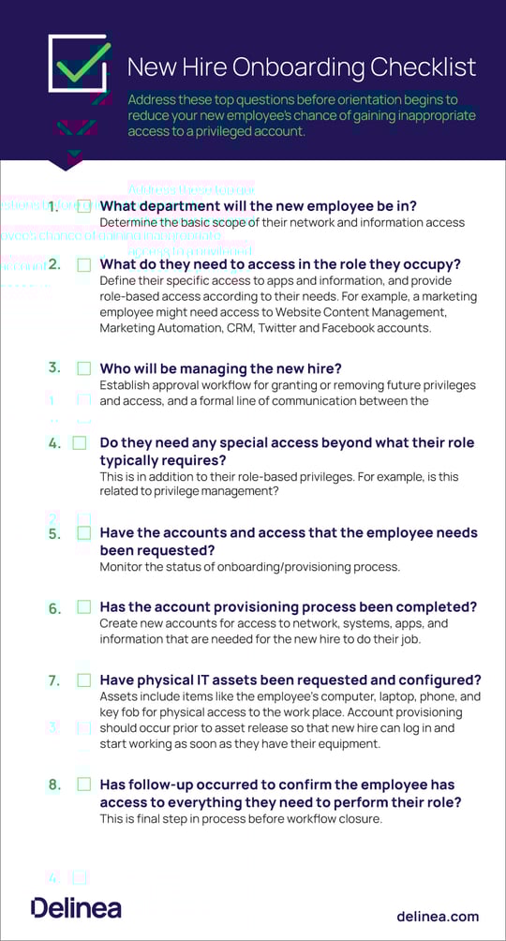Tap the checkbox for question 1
84,206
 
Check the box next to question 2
84,264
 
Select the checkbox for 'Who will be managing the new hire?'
84,368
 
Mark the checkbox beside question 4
80,442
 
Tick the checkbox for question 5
84,533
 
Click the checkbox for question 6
84,607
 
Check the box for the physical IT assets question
84,680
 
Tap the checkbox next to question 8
84,784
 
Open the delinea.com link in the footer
438,916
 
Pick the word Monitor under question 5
122,566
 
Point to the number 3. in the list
54,368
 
